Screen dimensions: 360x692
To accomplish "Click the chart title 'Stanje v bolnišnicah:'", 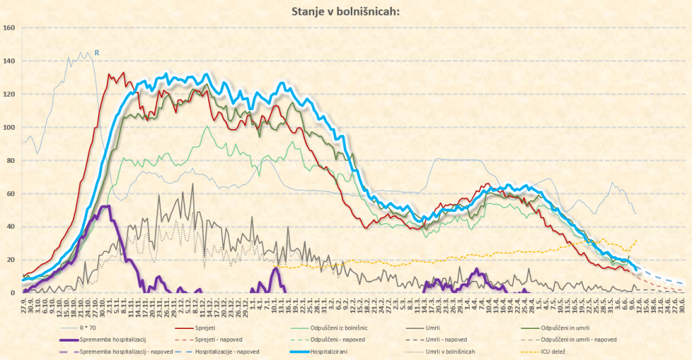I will [345, 11].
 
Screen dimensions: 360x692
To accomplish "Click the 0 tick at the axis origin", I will [13, 292].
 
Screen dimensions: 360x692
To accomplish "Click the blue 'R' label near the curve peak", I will [97, 52].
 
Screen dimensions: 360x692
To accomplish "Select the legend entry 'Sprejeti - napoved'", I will [241, 339].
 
